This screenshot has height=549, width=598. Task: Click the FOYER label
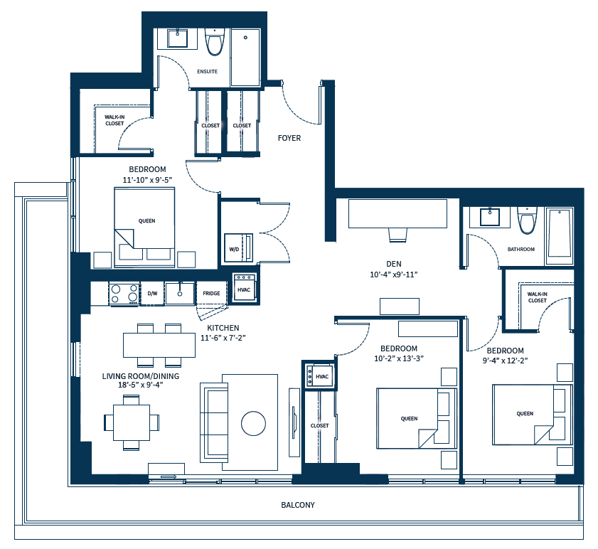coord(289,138)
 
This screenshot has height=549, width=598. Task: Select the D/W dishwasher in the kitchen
coord(152,293)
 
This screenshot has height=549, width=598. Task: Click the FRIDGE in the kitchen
coord(211,293)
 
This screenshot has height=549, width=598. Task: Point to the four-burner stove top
coord(124,293)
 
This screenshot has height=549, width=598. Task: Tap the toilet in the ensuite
coord(213,43)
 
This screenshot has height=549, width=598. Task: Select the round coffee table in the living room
coord(253,423)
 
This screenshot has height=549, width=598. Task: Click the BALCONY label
coord(298,505)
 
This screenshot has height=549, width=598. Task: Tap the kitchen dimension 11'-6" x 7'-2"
coord(223,338)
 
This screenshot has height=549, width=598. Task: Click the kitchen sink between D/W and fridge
coord(180,292)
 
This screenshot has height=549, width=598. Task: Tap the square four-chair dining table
coord(132,422)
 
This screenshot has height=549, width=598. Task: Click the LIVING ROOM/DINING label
coord(141,376)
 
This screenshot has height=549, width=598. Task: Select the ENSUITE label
coord(207,72)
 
